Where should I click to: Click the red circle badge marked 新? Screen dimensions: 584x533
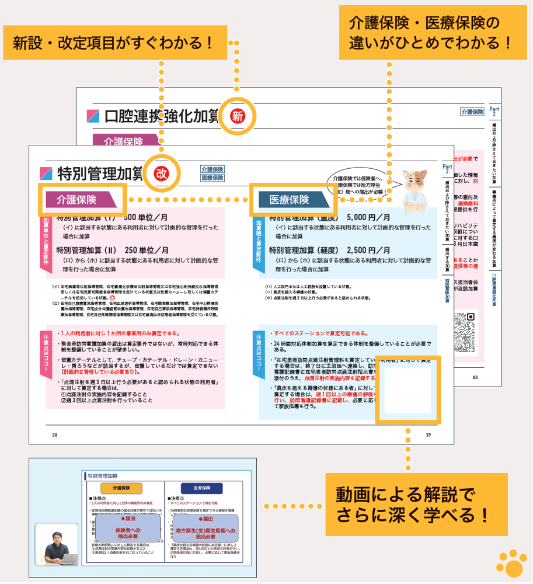237,116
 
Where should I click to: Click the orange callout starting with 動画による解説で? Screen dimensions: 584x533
408,504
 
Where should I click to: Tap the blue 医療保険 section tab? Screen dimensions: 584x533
291,200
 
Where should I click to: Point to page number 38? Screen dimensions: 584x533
54,434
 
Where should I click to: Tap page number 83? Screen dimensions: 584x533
475,377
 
